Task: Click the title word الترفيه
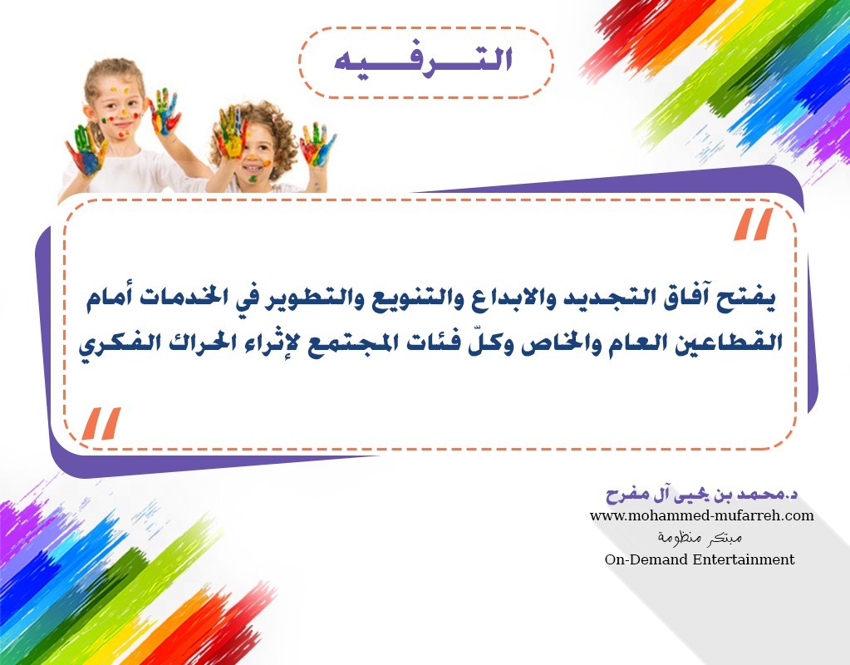pyautogui.click(x=424, y=60)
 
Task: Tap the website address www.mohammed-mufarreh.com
pyautogui.click(x=701, y=515)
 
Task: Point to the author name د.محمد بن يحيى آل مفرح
pyautogui.click(x=701, y=494)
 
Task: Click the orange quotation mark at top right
pyautogui.click(x=753, y=224)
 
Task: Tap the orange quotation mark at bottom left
pyautogui.click(x=101, y=423)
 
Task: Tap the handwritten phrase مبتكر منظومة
pyautogui.click(x=700, y=538)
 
